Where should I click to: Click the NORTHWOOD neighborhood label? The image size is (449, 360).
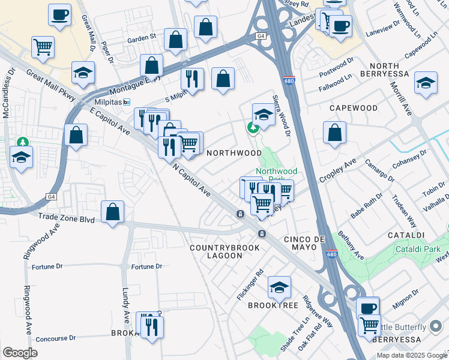coord(234,153)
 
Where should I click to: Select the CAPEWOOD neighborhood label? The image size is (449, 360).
coord(354,108)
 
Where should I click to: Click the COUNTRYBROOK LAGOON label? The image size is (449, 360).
coord(224,251)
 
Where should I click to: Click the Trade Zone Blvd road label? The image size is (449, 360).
coord(66,219)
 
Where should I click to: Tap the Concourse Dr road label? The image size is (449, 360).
coord(56,338)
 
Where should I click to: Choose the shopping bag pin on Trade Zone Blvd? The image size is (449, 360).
coord(112,211)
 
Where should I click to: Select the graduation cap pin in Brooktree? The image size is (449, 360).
coord(279,287)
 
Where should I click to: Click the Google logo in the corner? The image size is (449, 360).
coord(20,353)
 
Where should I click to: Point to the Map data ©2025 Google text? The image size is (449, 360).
coord(412,355)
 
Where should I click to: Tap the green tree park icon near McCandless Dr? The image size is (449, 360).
coord(23,142)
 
